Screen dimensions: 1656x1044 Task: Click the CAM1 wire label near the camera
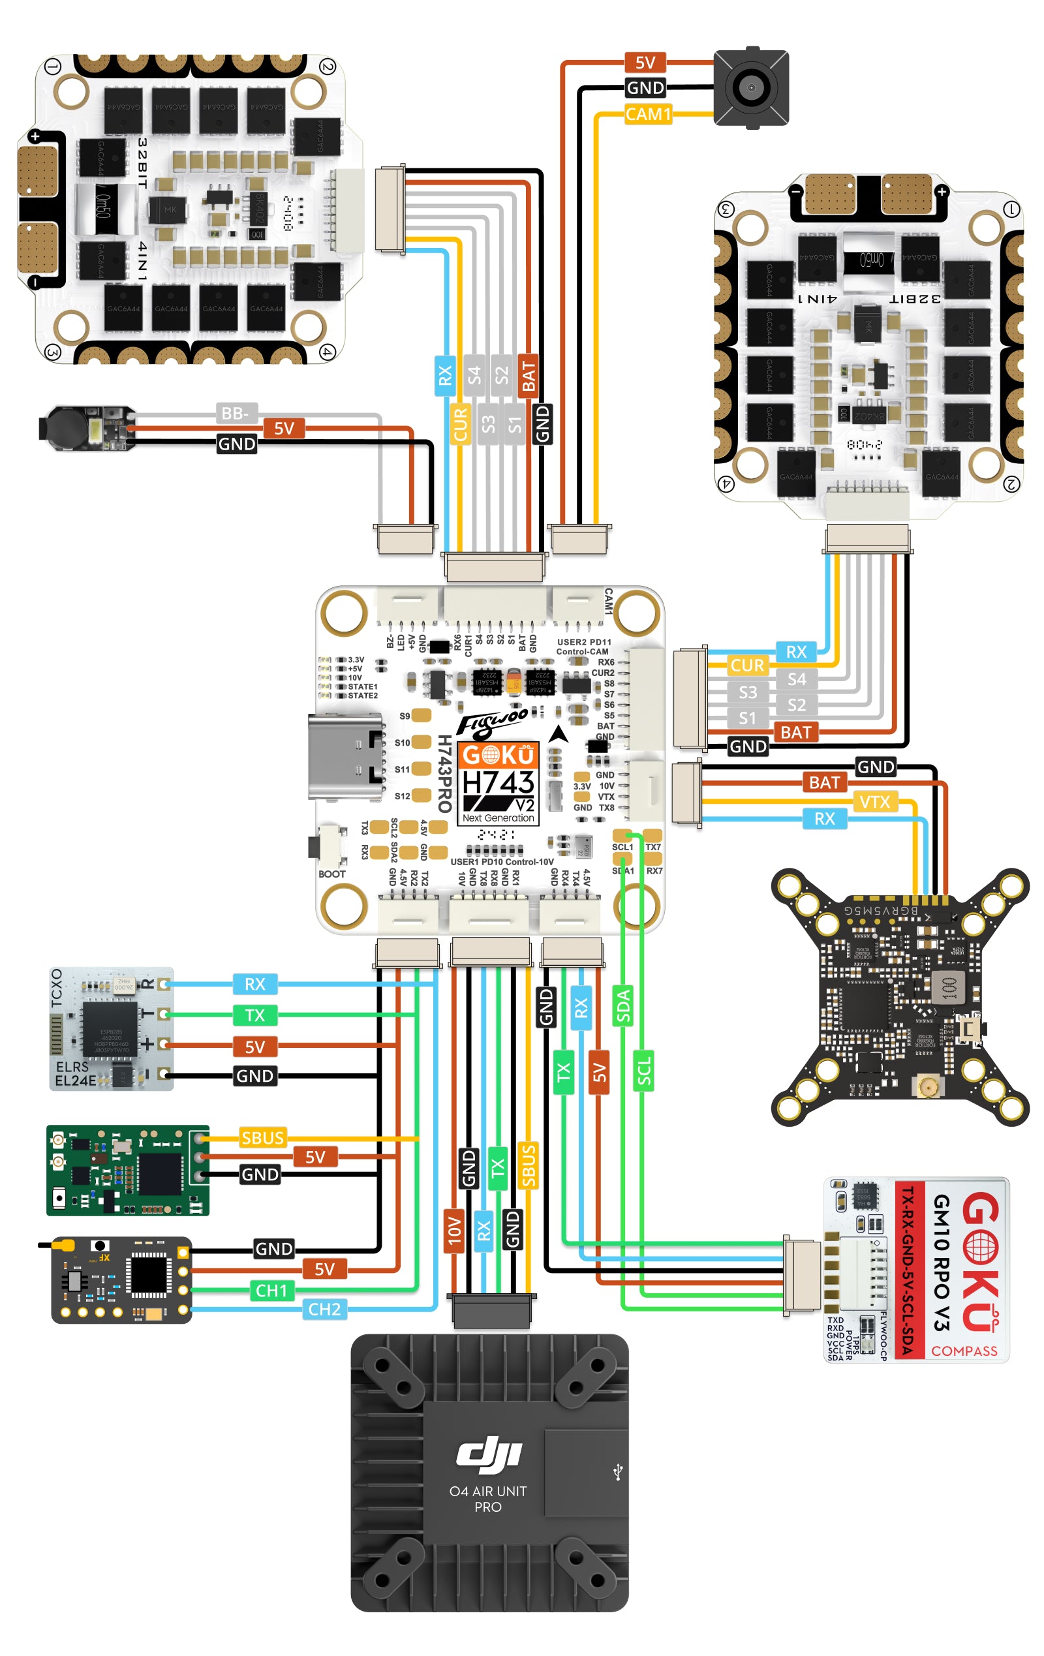647,114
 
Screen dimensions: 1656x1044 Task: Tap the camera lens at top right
750,87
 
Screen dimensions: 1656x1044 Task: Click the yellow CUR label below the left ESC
460,423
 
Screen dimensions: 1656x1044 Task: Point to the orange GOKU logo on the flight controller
498,754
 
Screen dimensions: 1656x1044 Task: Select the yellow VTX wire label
874,801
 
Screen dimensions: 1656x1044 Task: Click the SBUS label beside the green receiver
262,1137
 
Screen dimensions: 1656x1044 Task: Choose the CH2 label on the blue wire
324,1309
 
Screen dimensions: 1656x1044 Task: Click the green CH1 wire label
271,1290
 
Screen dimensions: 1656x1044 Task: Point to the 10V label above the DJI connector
453,1231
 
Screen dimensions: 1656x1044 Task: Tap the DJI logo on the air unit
489,1455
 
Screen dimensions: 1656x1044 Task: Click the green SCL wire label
643,1071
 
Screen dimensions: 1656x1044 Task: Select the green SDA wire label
622,1005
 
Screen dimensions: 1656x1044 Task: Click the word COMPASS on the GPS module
964,1351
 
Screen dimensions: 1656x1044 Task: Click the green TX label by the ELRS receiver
254,1015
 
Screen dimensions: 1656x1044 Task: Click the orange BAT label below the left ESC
527,376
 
